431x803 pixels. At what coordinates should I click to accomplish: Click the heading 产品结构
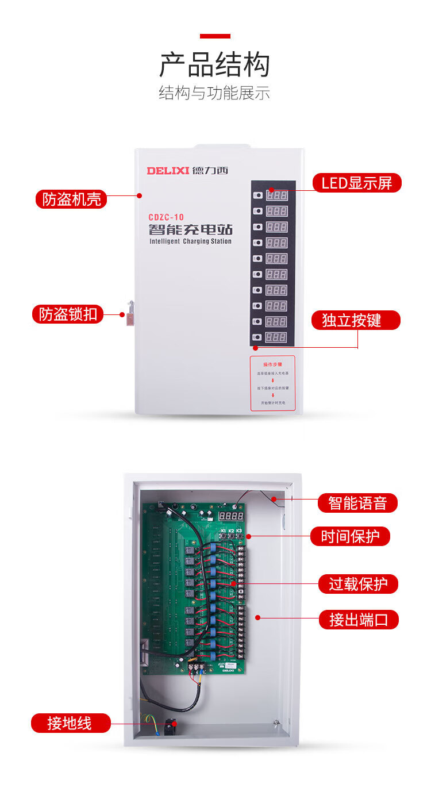[x=214, y=64]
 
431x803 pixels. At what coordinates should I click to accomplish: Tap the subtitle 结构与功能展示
[x=214, y=93]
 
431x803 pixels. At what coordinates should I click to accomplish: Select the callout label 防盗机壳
[x=71, y=199]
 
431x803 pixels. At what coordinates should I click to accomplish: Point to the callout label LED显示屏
[x=356, y=183]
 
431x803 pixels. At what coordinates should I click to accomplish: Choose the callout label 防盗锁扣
[x=68, y=314]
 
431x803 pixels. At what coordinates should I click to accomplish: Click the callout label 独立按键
[x=356, y=320]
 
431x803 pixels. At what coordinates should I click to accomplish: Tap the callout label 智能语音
[x=357, y=504]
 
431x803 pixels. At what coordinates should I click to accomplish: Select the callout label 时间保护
[x=350, y=537]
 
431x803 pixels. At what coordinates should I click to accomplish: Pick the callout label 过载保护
[x=358, y=584]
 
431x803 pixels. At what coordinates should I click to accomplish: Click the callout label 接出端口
[x=358, y=620]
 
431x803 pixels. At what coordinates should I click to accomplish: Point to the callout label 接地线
[x=70, y=723]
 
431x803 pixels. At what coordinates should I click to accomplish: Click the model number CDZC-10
[x=166, y=217]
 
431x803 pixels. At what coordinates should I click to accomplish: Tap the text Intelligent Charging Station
[x=190, y=241]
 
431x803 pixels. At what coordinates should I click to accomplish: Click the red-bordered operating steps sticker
[x=272, y=383]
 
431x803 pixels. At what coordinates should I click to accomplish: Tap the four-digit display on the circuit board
[x=230, y=516]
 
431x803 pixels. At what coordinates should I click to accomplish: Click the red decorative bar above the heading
[x=215, y=36]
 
